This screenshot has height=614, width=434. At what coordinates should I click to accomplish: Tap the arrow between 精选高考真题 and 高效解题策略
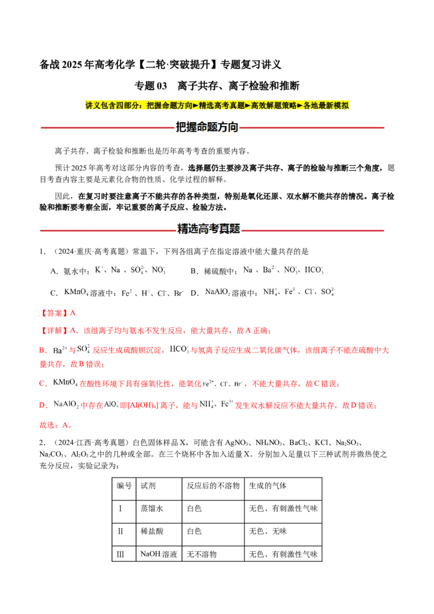tap(248, 106)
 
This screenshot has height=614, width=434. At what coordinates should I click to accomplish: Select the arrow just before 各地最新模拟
tap(300, 106)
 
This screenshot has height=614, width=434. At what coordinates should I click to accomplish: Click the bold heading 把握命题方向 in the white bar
tap(207, 128)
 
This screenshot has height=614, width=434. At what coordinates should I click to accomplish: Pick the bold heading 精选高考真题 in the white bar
tap(209, 229)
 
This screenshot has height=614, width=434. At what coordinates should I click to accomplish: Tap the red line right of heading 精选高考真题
tap(312, 231)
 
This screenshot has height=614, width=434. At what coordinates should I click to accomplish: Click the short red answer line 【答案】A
tap(60, 313)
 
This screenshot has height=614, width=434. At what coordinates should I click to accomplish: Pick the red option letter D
tap(42, 405)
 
